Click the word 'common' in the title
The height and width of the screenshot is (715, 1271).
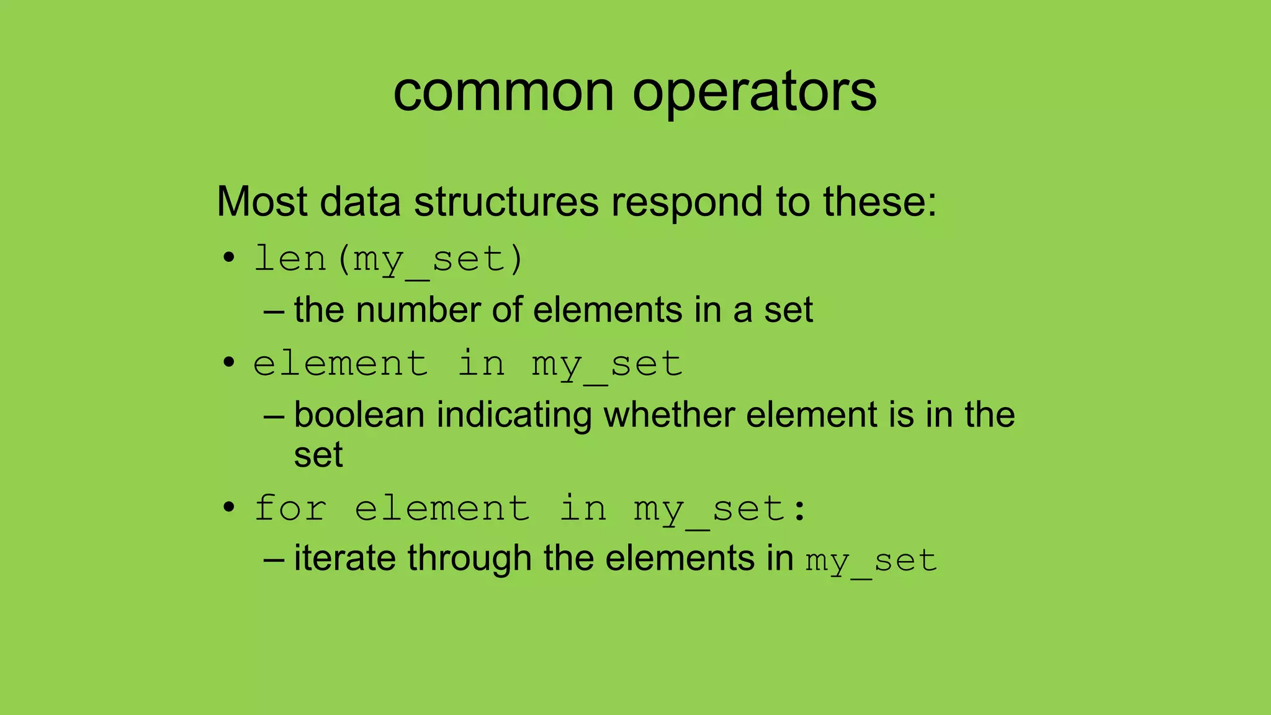pyautogui.click(x=503, y=93)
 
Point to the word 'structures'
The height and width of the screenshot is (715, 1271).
pyautogui.click(x=506, y=202)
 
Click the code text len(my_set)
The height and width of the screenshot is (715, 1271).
pyautogui.click(x=389, y=259)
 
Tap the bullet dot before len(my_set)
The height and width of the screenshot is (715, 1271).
pyautogui.click(x=229, y=258)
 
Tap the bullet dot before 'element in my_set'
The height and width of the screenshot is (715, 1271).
pyautogui.click(x=229, y=362)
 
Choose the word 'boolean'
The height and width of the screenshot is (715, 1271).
pyautogui.click(x=359, y=415)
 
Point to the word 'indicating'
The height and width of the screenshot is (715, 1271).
pyautogui.click(x=514, y=415)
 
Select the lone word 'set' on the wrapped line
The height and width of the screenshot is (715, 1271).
pyautogui.click(x=318, y=455)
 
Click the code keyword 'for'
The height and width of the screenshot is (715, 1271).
pyautogui.click(x=290, y=508)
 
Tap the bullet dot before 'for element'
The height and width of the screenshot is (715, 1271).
pyautogui.click(x=229, y=507)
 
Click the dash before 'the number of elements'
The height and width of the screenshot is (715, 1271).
pyautogui.click(x=274, y=310)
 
